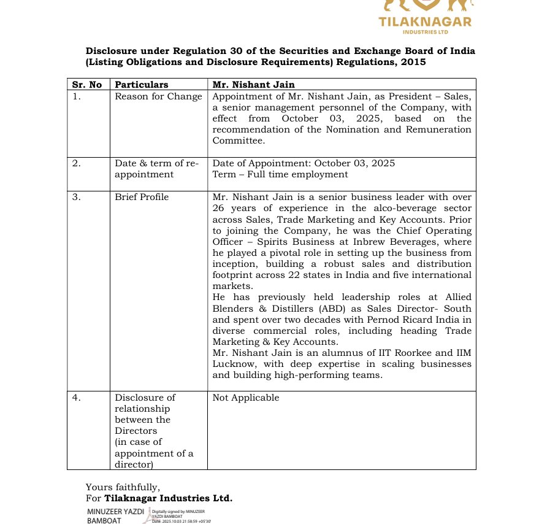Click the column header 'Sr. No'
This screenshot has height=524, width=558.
pyautogui.click(x=87, y=85)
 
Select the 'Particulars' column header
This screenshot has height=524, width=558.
pyautogui.click(x=142, y=85)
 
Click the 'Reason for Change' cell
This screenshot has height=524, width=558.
pyautogui.click(x=158, y=96)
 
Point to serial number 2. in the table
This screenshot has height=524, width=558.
pyautogui.click(x=76, y=163)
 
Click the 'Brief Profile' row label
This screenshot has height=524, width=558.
pyautogui.click(x=142, y=197)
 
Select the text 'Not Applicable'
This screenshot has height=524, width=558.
pyautogui.click(x=245, y=398)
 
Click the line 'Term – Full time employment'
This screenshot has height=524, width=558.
pyautogui.click(x=280, y=174)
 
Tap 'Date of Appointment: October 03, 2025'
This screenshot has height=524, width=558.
pyautogui.click(x=304, y=163)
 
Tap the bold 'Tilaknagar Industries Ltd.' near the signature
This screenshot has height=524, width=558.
pyautogui.click(x=168, y=498)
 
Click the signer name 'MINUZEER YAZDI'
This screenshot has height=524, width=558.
pyautogui.click(x=115, y=511)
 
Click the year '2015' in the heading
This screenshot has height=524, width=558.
pyautogui.click(x=413, y=62)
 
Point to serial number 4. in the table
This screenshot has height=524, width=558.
pyautogui.click(x=76, y=398)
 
